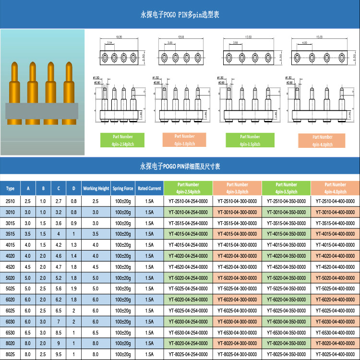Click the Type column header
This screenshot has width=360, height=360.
(x=11, y=189)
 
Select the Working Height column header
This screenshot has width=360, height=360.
(x=96, y=189)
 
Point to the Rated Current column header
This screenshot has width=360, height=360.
(x=149, y=189)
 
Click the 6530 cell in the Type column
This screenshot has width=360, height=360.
(x=11, y=333)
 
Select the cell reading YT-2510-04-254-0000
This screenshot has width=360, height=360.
(x=188, y=201)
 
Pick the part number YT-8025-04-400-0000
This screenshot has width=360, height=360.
(x=335, y=355)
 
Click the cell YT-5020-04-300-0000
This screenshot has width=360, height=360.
(x=237, y=278)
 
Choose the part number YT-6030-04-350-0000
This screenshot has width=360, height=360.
(x=286, y=322)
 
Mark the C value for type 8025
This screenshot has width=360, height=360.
(x=59, y=355)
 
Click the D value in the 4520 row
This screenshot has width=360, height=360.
(x=73, y=267)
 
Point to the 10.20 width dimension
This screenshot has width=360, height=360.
(x=119, y=37)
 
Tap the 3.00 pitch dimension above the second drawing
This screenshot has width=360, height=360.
(x=170, y=43)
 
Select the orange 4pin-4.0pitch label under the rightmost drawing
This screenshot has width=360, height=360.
(x=322, y=141)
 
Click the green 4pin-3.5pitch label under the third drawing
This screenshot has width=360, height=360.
(x=250, y=140)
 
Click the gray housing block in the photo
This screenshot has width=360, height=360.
(x=42, y=111)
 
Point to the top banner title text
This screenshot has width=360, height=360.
(x=180, y=15)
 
